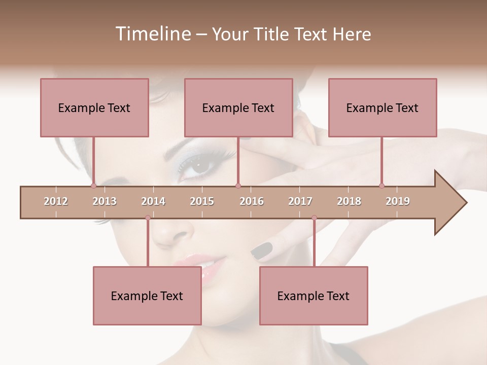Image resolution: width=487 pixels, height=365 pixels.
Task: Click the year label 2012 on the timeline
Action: (x=56, y=201)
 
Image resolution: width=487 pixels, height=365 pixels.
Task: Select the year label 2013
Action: (x=105, y=201)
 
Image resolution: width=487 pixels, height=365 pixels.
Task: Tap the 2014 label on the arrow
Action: (x=153, y=201)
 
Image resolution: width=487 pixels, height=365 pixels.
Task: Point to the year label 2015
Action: (x=202, y=201)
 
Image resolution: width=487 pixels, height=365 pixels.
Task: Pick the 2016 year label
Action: (x=252, y=201)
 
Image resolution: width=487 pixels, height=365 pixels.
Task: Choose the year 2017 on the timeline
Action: (x=300, y=201)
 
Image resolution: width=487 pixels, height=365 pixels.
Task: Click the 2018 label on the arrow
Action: (x=349, y=201)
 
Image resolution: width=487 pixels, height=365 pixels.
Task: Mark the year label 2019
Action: (x=398, y=201)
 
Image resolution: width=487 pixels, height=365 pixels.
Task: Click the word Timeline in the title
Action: (x=152, y=34)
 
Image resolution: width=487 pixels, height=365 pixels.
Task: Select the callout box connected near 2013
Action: (x=94, y=107)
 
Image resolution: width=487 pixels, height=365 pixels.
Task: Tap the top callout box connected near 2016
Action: (x=238, y=107)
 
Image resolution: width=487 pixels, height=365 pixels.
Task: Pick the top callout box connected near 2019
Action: (x=382, y=107)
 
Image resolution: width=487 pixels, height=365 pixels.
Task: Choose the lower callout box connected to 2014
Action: (x=147, y=296)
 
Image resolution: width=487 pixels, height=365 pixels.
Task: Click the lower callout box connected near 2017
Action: (x=314, y=296)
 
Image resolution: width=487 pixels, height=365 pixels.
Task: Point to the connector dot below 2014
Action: (x=148, y=217)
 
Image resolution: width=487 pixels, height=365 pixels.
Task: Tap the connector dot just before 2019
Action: (x=381, y=186)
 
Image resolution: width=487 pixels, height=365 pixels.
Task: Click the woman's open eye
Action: (x=198, y=165)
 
